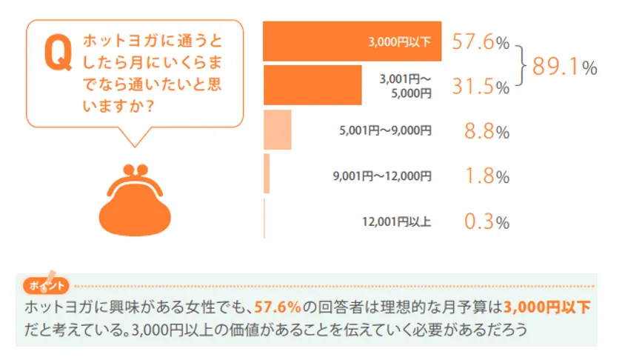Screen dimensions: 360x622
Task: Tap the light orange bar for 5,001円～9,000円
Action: coord(278,130)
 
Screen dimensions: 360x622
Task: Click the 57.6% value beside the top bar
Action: coord(481,42)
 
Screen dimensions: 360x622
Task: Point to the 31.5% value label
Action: coord(481,87)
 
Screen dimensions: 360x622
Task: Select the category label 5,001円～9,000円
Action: coord(384,131)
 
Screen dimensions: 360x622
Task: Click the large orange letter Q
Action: coord(56,53)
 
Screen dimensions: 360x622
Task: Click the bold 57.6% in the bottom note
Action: coord(278,307)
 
